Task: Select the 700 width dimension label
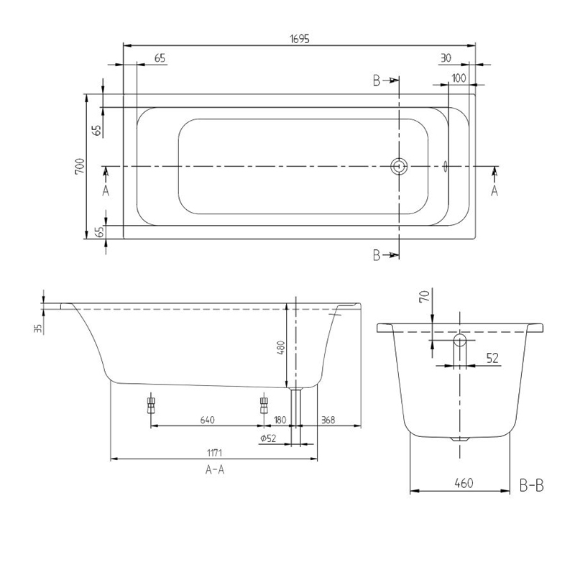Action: click(x=80, y=167)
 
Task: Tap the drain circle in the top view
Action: click(x=399, y=167)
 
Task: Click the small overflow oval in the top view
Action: click(x=446, y=167)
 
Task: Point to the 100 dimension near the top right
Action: click(x=459, y=77)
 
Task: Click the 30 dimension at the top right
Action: click(x=446, y=57)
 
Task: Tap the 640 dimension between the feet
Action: click(x=207, y=419)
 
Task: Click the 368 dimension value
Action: click(x=329, y=419)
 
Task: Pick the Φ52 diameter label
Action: click(x=268, y=438)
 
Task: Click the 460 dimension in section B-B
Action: click(x=463, y=484)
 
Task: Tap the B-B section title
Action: click(x=531, y=487)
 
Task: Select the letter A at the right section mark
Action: click(x=494, y=190)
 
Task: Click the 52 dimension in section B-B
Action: click(x=492, y=357)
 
